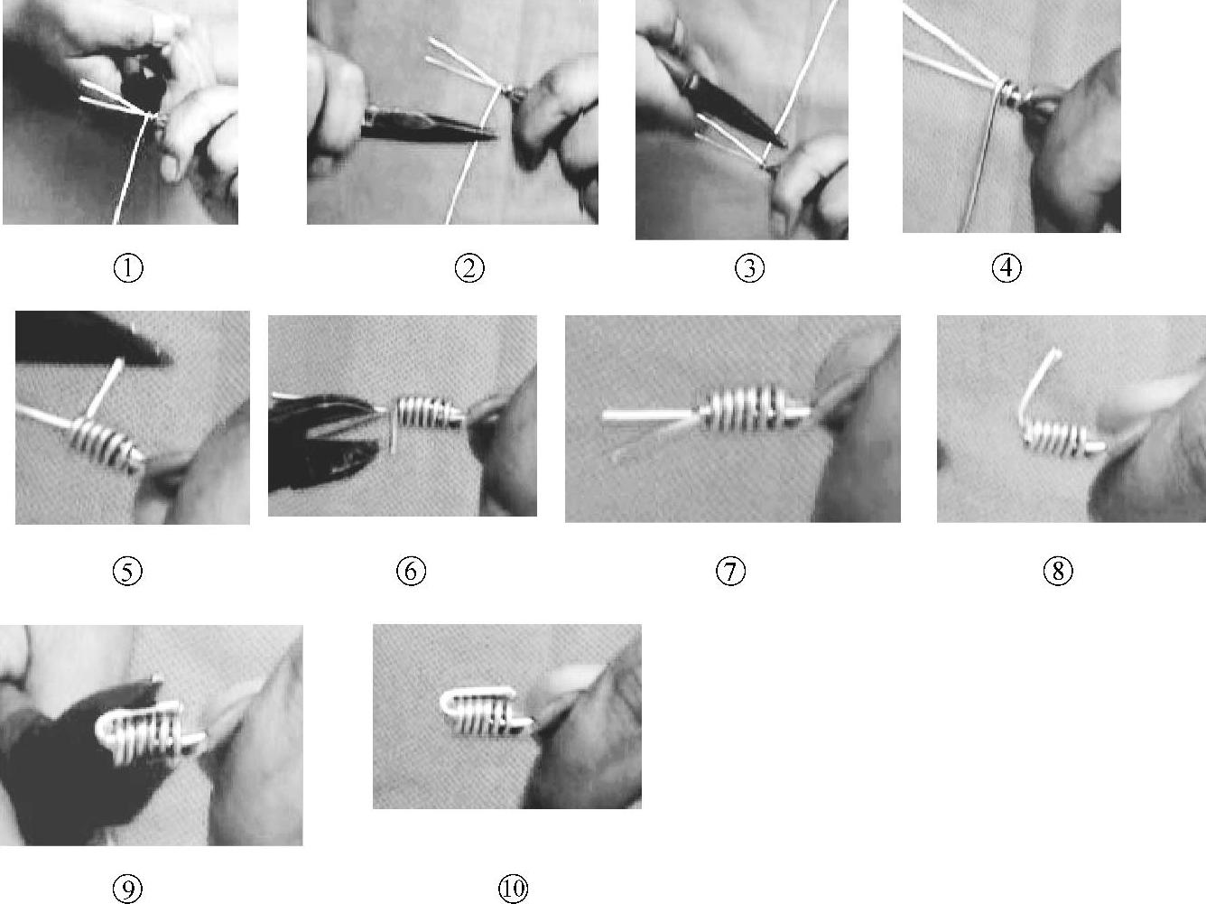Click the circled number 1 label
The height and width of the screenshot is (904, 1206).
128,269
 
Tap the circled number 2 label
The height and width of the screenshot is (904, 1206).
469,269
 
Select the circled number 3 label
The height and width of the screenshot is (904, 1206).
749,269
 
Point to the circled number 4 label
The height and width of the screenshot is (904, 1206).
1007,268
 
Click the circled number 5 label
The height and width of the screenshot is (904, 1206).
127,571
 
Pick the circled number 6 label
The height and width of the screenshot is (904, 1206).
411,571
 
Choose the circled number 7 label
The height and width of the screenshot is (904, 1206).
731,571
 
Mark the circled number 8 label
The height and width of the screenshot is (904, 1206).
1058,571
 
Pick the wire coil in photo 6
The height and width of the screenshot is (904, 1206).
426,414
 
